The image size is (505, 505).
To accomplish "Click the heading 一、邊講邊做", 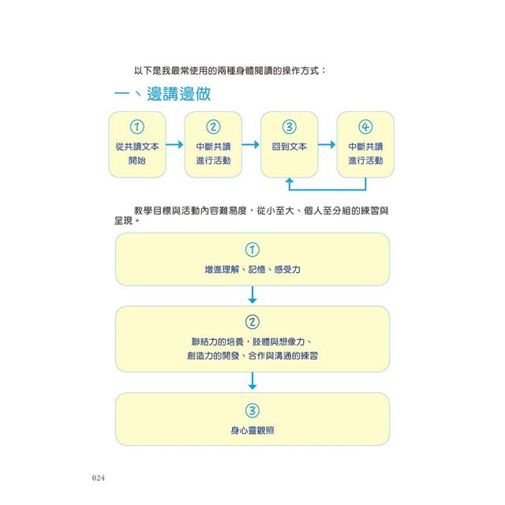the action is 163,94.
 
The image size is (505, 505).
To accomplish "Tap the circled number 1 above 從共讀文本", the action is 137,127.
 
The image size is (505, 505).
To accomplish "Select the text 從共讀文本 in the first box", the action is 137,147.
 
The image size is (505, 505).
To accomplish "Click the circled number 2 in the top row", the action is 213,127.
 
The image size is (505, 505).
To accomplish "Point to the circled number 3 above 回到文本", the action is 290,127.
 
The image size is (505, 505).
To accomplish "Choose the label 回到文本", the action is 290,147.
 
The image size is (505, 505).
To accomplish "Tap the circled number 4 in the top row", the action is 365,127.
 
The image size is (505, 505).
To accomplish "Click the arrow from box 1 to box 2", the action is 175,144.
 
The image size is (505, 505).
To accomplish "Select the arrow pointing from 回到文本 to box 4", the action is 327,144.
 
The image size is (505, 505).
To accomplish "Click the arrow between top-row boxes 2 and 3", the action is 251,144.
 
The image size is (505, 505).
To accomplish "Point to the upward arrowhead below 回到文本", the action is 290,181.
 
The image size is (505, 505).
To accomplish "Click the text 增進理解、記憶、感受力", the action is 252,269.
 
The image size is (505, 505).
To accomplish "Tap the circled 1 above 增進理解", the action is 252,249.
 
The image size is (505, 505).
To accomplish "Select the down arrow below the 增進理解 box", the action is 252,294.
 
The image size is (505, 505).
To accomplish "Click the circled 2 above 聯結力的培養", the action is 252,322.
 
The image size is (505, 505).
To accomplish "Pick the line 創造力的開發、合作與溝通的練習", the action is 252,356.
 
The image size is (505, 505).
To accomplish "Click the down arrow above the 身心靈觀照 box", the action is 252,381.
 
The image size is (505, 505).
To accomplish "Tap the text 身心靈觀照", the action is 252,430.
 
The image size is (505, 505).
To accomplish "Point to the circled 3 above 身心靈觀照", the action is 252,410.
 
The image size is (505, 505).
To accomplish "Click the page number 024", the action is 98,478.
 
